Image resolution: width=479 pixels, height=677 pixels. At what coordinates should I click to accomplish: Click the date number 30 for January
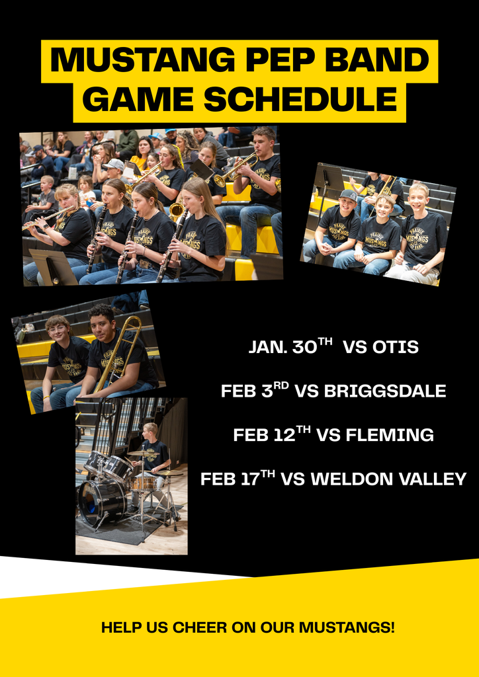(304, 347)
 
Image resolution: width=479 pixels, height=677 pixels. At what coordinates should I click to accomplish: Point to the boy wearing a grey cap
(346, 202)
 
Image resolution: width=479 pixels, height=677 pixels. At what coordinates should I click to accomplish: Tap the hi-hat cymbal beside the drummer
(171, 473)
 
